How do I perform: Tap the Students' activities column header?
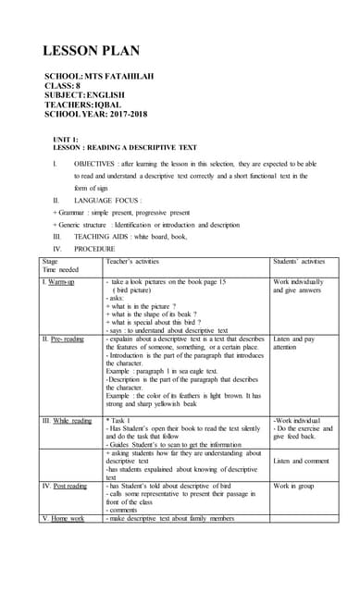point(299,261)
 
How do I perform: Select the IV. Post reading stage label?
point(66,486)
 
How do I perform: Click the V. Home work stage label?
point(64,518)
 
